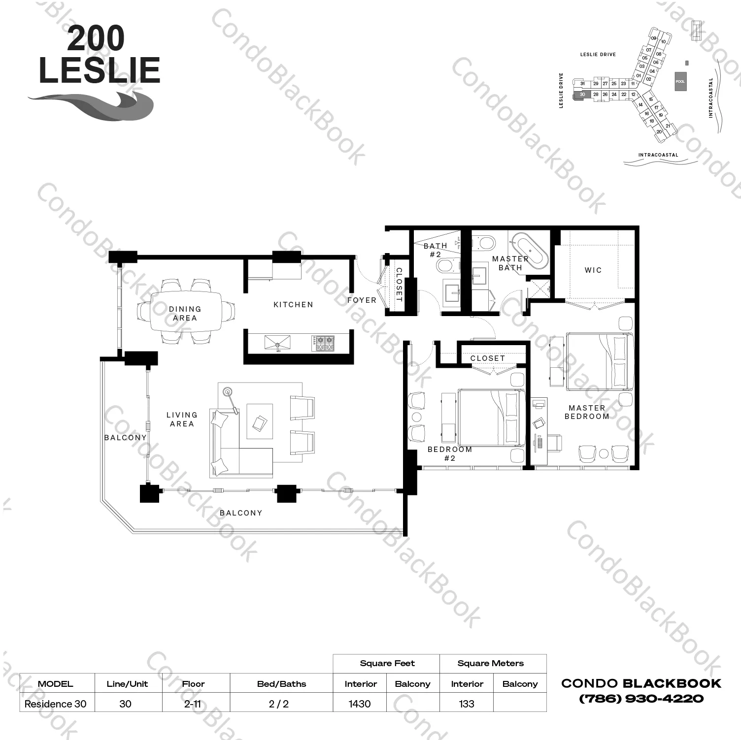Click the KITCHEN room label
(293, 305)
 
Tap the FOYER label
(362, 300)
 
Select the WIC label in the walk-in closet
(593, 270)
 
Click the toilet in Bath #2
(446, 266)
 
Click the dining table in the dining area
(185, 314)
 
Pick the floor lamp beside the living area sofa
(228, 392)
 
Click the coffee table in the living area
(260, 421)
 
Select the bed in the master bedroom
(600, 361)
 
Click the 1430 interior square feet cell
(360, 704)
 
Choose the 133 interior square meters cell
(466, 704)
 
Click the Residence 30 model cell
(56, 704)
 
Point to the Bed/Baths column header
(281, 684)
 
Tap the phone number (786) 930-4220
(641, 698)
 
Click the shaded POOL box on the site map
(680, 81)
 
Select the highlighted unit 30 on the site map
(582, 95)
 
